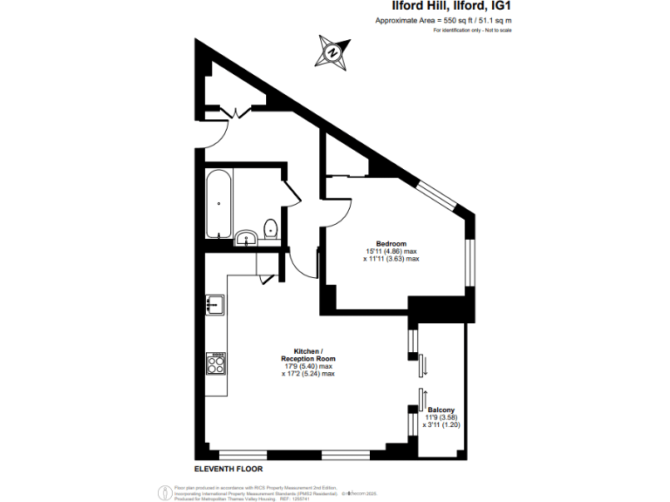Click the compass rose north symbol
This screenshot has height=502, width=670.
tap(332, 51)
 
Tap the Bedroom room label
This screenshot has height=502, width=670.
tap(391, 243)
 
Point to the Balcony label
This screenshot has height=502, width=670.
tap(440, 410)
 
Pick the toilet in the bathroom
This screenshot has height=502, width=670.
tap(271, 228)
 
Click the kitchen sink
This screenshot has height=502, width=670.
tap(215, 304)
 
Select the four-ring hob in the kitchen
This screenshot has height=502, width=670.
tap(215, 362)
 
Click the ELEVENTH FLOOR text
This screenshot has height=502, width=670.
tap(229, 469)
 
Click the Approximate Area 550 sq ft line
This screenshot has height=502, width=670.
tap(443, 20)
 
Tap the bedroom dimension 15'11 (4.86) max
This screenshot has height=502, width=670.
tap(391, 251)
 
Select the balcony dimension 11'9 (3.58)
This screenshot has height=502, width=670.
tap(441, 417)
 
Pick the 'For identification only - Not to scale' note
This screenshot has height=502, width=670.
tap(472, 31)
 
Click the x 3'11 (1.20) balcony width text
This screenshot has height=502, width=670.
tap(441, 425)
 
